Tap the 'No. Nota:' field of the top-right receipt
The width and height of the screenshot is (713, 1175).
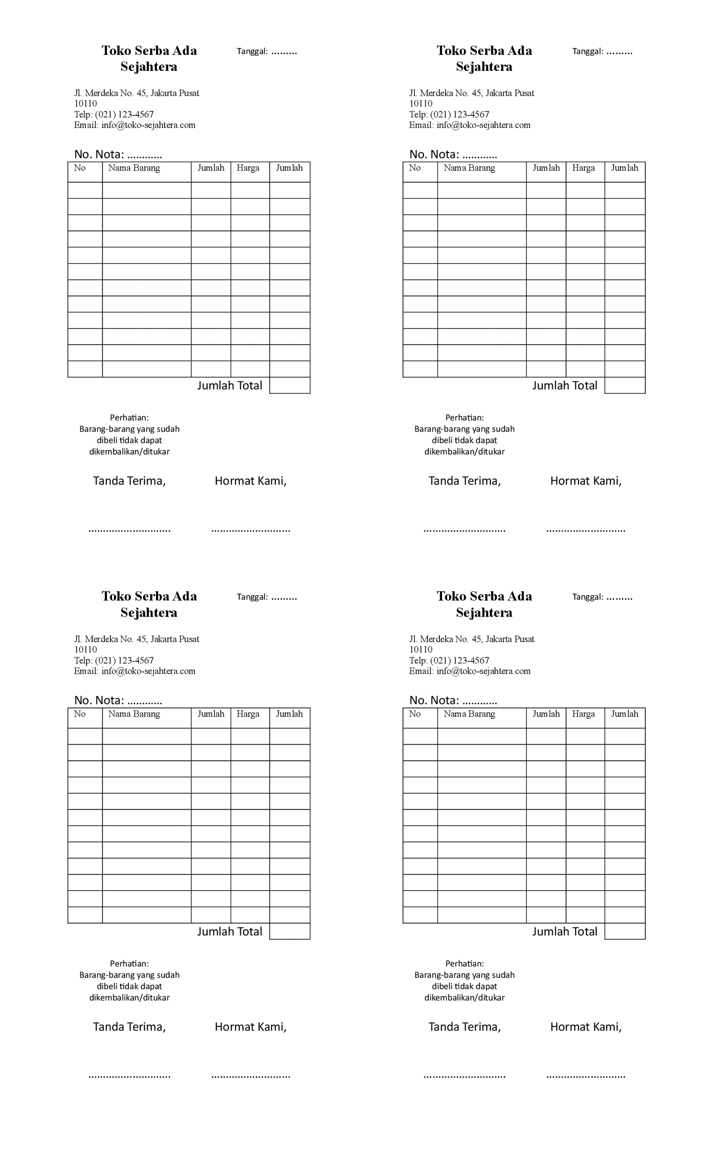[x=453, y=154]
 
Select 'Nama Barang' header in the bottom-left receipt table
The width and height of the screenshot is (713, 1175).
[x=134, y=714]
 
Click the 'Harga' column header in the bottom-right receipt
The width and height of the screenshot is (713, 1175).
[x=583, y=714]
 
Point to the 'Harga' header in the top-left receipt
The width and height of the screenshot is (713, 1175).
[x=248, y=168]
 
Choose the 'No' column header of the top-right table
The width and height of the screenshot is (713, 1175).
[x=414, y=168]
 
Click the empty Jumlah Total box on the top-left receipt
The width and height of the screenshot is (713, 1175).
[x=290, y=385]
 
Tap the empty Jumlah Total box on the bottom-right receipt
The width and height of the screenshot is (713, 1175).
[x=625, y=932]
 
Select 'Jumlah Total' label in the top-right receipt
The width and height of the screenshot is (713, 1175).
[x=564, y=385]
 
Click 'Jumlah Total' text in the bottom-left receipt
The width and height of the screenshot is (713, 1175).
[x=230, y=932]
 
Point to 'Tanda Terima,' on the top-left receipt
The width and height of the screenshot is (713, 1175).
[x=129, y=481]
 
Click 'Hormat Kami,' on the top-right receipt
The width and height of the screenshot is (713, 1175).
[x=586, y=481]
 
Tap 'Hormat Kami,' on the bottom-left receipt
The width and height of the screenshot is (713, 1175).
[x=251, y=1027]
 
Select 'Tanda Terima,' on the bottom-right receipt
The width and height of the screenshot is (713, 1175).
[x=464, y=1027]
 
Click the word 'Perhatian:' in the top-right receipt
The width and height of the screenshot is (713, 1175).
[x=464, y=418]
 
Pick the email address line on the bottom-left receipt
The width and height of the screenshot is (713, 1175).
[x=135, y=671]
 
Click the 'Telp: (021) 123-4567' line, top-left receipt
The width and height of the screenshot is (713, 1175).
[x=114, y=115]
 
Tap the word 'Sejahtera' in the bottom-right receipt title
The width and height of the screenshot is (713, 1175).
[x=484, y=612]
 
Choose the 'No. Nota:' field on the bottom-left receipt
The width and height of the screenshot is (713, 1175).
[x=118, y=700]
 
